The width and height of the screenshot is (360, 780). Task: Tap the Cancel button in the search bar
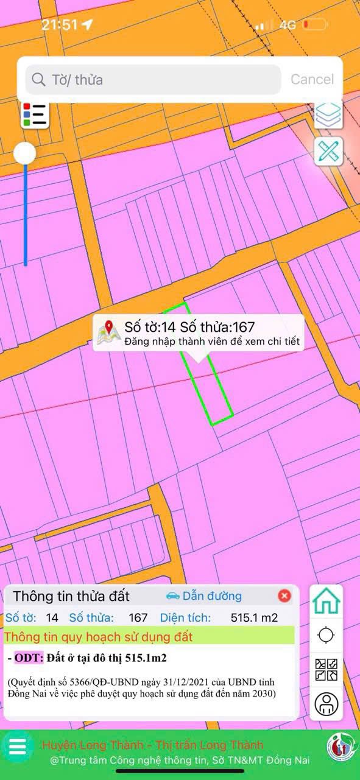pos(312,79)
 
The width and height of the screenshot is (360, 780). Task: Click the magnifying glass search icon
pos(38,80)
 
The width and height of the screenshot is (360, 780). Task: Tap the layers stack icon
pos(328,114)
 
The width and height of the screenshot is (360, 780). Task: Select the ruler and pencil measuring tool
pos(328,151)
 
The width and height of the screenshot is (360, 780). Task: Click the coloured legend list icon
pos(35,115)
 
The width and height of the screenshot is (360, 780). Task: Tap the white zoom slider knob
pos(25,153)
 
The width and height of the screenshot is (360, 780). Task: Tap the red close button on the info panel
pos(284,596)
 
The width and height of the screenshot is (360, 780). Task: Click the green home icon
pos(326,601)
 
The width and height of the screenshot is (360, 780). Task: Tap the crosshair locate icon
pos(326,635)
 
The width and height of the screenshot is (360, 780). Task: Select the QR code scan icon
pos(326,670)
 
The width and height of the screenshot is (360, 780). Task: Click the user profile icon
pos(326,704)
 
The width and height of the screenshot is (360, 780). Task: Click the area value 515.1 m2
pos(254,617)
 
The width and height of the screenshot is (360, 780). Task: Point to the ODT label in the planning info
pos(28,658)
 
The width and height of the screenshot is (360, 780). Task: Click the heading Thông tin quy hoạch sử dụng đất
pos(98,637)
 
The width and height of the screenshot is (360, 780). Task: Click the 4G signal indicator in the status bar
pos(287,25)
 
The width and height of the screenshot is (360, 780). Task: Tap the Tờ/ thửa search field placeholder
pos(77,80)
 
